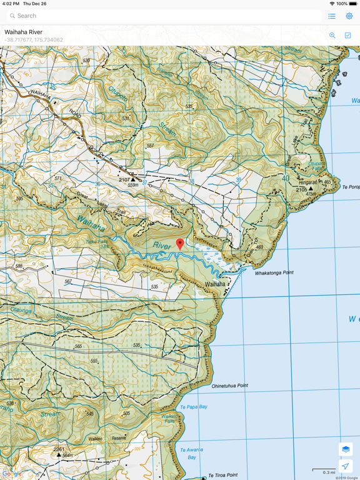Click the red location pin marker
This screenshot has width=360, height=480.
(x=180, y=244)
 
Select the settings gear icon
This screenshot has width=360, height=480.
(x=349, y=16)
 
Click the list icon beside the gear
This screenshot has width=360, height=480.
(x=332, y=16)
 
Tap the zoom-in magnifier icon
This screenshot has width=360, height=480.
(x=332, y=36)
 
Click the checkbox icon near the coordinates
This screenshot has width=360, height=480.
(x=347, y=36)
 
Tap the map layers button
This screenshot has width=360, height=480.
(x=346, y=449)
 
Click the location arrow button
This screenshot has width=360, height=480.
(x=346, y=466)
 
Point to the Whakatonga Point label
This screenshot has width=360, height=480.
(x=274, y=273)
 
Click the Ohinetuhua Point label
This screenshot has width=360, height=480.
(x=229, y=386)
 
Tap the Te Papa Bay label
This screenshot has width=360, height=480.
(x=193, y=407)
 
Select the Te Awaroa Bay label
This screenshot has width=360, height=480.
(x=191, y=453)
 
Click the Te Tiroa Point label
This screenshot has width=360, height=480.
(x=222, y=475)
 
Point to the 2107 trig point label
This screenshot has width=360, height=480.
(x=124, y=180)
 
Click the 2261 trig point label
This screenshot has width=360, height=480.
(x=59, y=449)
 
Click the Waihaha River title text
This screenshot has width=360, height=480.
(x=23, y=32)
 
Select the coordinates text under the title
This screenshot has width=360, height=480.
(x=34, y=40)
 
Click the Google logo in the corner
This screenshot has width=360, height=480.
(x=12, y=474)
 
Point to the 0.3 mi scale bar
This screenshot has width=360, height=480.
(x=324, y=471)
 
